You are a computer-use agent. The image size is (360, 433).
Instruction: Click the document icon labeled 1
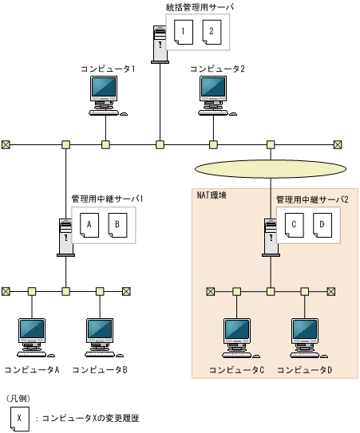pos(184,33)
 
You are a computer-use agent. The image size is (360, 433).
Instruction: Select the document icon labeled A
pos(89,225)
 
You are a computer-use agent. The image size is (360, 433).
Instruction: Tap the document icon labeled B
pos(117,225)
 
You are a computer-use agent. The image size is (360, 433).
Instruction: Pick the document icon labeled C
pos(294,225)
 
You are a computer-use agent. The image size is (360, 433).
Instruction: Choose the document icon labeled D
pos(321,225)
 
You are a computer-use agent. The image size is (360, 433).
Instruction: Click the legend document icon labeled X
pos(18,417)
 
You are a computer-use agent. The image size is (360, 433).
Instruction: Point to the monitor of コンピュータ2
pos(213,90)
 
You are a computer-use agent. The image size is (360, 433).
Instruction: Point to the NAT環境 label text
pos(212,195)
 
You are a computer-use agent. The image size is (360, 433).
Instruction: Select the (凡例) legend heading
pos(20,398)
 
